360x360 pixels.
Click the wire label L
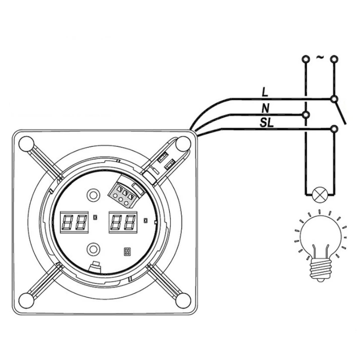click(265, 92)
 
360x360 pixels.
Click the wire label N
click(265, 108)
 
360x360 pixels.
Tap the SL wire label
click(267, 123)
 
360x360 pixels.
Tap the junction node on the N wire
click(306, 114)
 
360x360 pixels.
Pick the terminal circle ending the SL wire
click(334, 129)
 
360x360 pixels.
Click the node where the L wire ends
click(334, 99)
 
